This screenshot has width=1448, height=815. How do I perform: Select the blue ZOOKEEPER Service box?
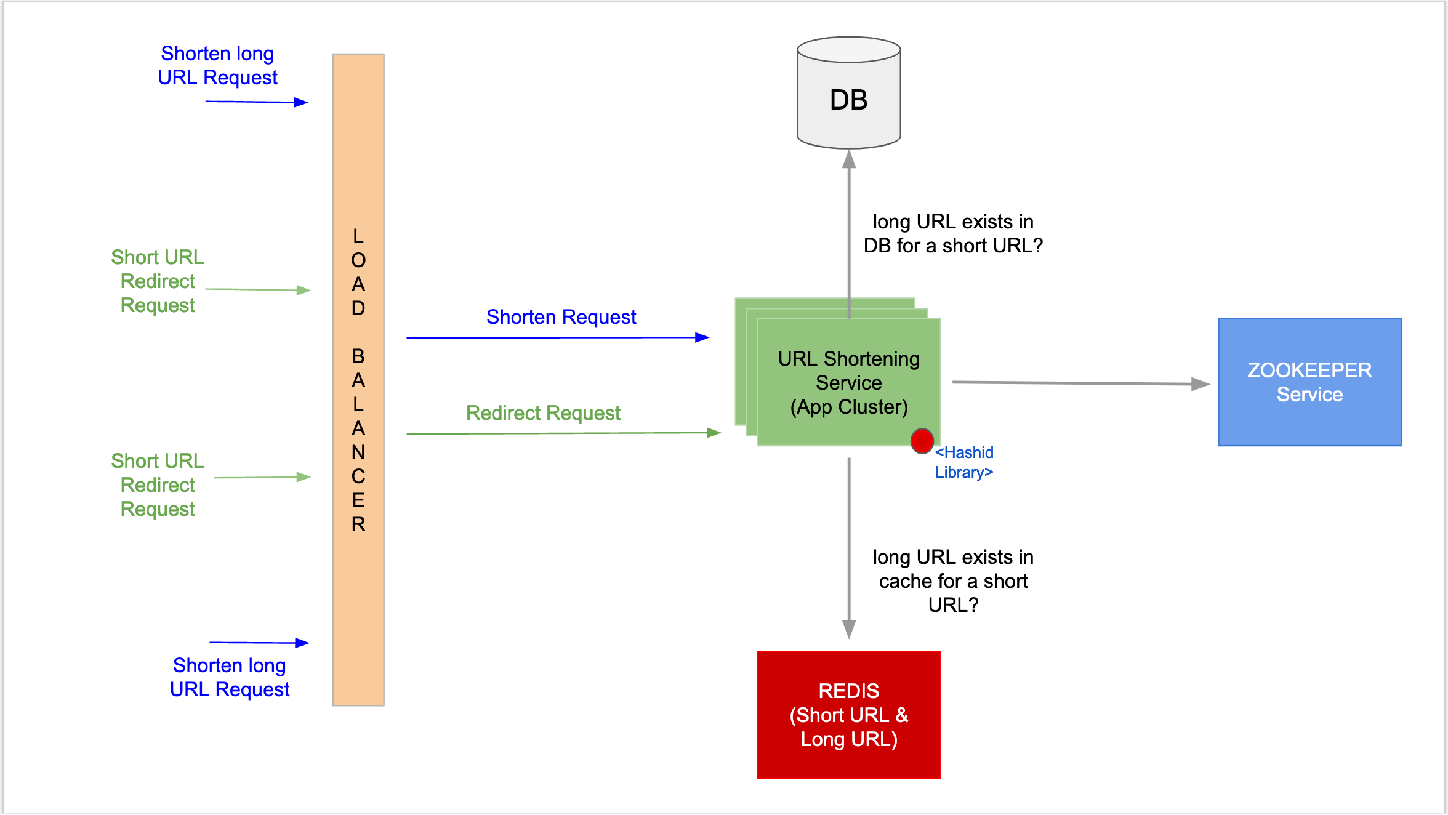click(x=1309, y=382)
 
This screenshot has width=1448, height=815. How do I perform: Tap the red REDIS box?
click(x=848, y=715)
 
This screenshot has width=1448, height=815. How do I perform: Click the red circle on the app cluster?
click(x=922, y=441)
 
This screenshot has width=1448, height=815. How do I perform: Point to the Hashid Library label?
click(x=964, y=462)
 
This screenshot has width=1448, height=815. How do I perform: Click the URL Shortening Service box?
click(x=848, y=382)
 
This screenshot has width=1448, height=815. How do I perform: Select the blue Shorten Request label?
click(x=561, y=317)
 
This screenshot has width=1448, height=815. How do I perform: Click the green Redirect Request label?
click(x=543, y=413)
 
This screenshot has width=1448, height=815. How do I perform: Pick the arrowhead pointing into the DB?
click(x=849, y=159)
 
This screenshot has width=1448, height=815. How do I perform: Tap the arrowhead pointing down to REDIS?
click(x=849, y=630)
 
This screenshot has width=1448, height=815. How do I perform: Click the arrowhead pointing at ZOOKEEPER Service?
click(x=1201, y=384)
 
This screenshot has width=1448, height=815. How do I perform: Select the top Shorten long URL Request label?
click(x=217, y=66)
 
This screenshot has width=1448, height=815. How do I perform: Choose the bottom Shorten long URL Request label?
click(x=229, y=677)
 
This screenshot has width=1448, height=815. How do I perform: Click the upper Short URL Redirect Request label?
click(x=158, y=281)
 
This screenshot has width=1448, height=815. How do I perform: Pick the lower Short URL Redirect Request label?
click(x=158, y=485)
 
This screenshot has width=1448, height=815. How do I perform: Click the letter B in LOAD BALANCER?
click(x=358, y=356)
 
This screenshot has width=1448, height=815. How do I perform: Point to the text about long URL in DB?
click(x=952, y=234)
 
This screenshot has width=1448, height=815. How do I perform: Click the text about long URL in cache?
click(x=952, y=581)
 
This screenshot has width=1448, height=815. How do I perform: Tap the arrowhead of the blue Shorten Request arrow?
click(x=702, y=337)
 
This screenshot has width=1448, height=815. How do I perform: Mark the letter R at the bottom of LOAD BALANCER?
click(x=358, y=524)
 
